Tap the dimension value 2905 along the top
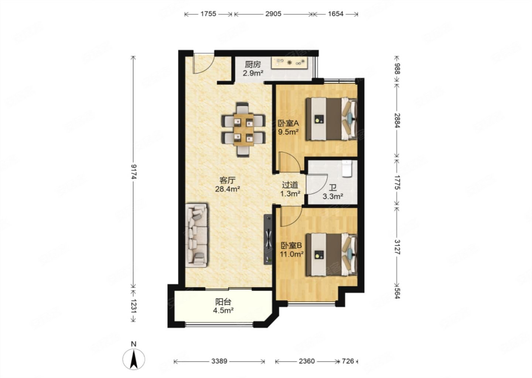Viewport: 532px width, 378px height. pyautogui.click(x=273, y=14)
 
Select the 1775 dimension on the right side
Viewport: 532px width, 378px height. pyautogui.click(x=397, y=182)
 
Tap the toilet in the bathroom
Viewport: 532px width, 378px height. pyautogui.click(x=347, y=169)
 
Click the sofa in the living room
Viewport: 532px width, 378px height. pyautogui.click(x=197, y=236)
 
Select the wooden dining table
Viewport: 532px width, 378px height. pyautogui.click(x=243, y=130)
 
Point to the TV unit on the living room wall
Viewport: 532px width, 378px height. pyautogui.click(x=268, y=240)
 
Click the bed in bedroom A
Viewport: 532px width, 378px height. pyautogui.click(x=331, y=119)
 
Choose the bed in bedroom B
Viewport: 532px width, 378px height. pyautogui.click(x=331, y=255)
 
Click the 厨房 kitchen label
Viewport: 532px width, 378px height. pyautogui.click(x=253, y=65)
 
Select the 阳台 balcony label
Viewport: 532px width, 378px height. pyautogui.click(x=223, y=302)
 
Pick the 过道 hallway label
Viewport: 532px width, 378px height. pyautogui.click(x=290, y=185)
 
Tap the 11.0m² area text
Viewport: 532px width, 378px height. pyautogui.click(x=291, y=254)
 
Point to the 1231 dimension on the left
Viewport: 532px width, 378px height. pyautogui.click(x=134, y=306)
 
